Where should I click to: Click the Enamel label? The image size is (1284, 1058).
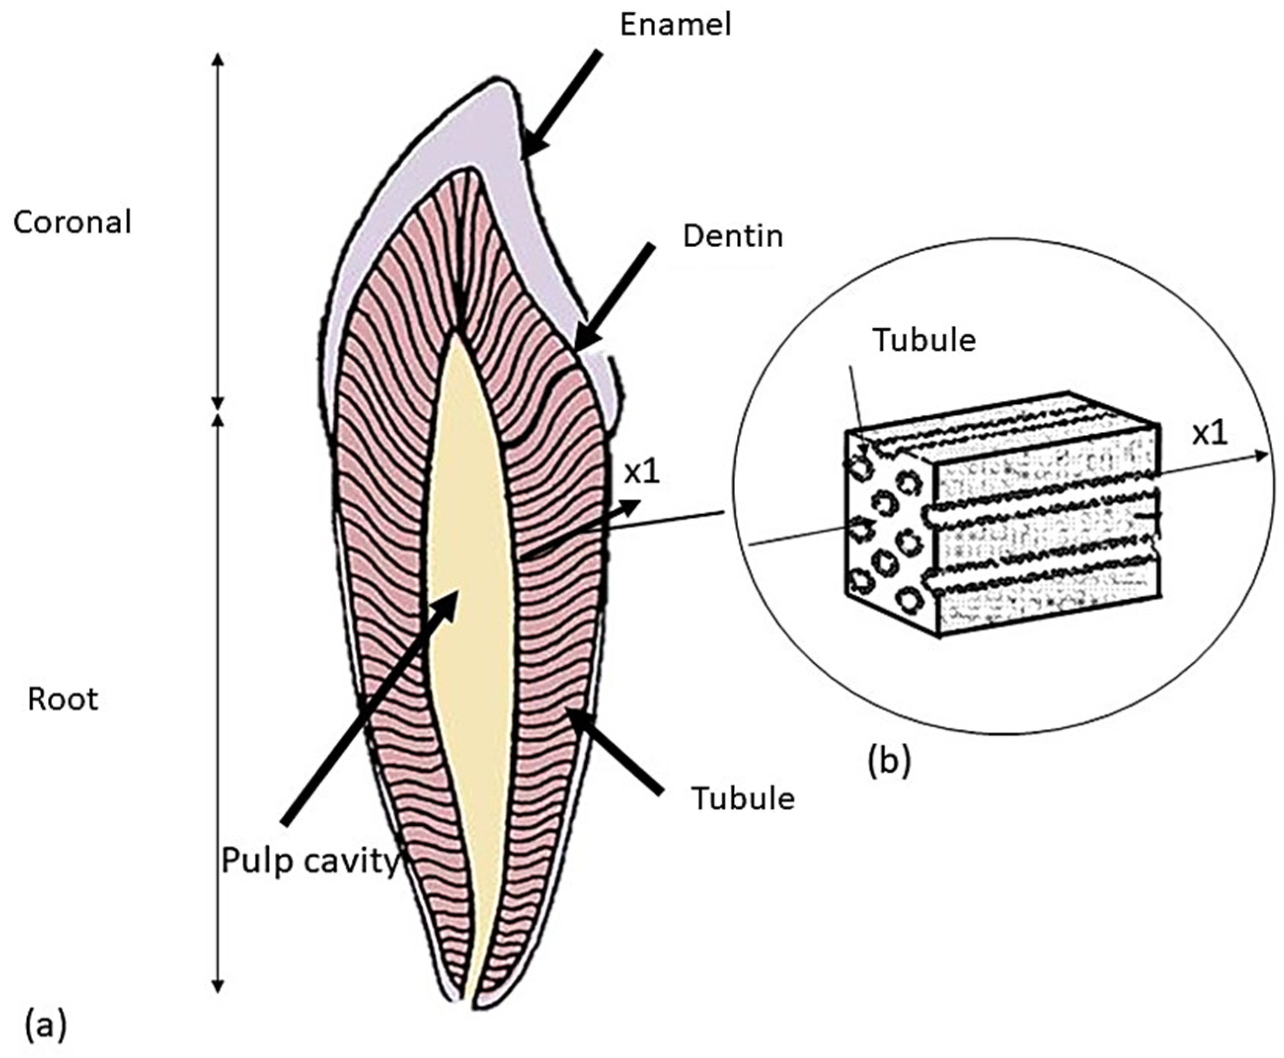click(x=675, y=26)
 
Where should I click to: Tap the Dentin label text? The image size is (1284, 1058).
click(x=732, y=236)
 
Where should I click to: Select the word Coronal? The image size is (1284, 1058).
click(x=72, y=223)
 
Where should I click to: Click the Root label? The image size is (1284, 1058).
click(x=63, y=700)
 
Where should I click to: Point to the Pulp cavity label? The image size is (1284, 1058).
click(x=309, y=861)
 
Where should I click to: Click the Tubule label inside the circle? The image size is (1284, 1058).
click(x=924, y=340)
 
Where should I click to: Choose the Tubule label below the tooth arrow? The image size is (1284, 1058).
click(x=743, y=798)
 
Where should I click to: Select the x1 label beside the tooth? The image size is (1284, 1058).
click(x=642, y=473)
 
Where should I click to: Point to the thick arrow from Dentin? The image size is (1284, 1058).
click(x=614, y=295)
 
